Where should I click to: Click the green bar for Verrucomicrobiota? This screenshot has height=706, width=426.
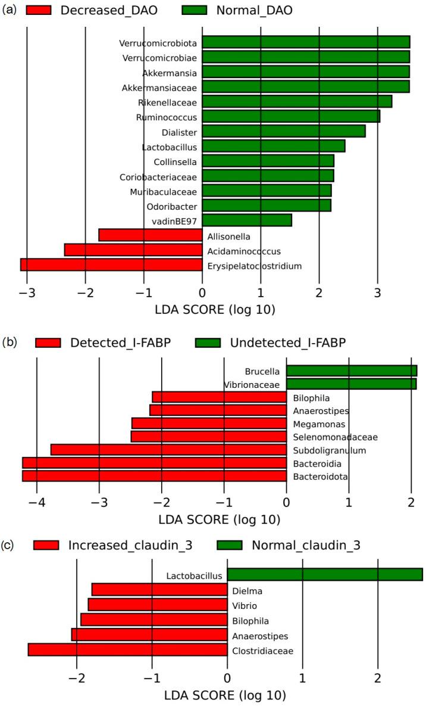pos(306,42)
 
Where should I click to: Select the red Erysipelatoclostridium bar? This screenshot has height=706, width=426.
pos(111,265)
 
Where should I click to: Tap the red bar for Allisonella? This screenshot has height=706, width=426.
pos(150,235)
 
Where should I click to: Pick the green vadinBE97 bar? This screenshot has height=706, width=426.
pos(247,220)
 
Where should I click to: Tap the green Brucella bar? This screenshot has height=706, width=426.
pos(352,371)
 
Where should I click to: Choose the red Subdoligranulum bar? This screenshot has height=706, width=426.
pos(168,450)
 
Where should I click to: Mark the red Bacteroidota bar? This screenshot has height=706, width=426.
pos(154,476)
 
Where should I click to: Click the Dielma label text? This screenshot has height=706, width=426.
pos(247,591)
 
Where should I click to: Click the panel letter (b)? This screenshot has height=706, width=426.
pos(10,342)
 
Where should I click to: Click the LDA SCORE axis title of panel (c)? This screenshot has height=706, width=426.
pos(225,695)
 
